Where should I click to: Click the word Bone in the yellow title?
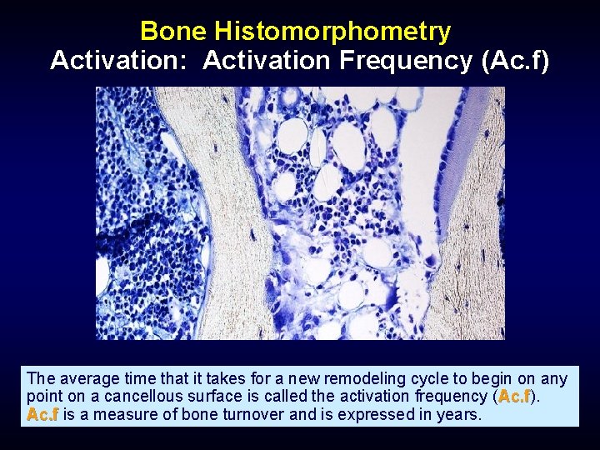point(174,32)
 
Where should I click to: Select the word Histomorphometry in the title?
point(332,32)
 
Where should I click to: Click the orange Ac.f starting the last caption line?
point(42,414)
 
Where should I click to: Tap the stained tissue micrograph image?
point(300,213)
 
